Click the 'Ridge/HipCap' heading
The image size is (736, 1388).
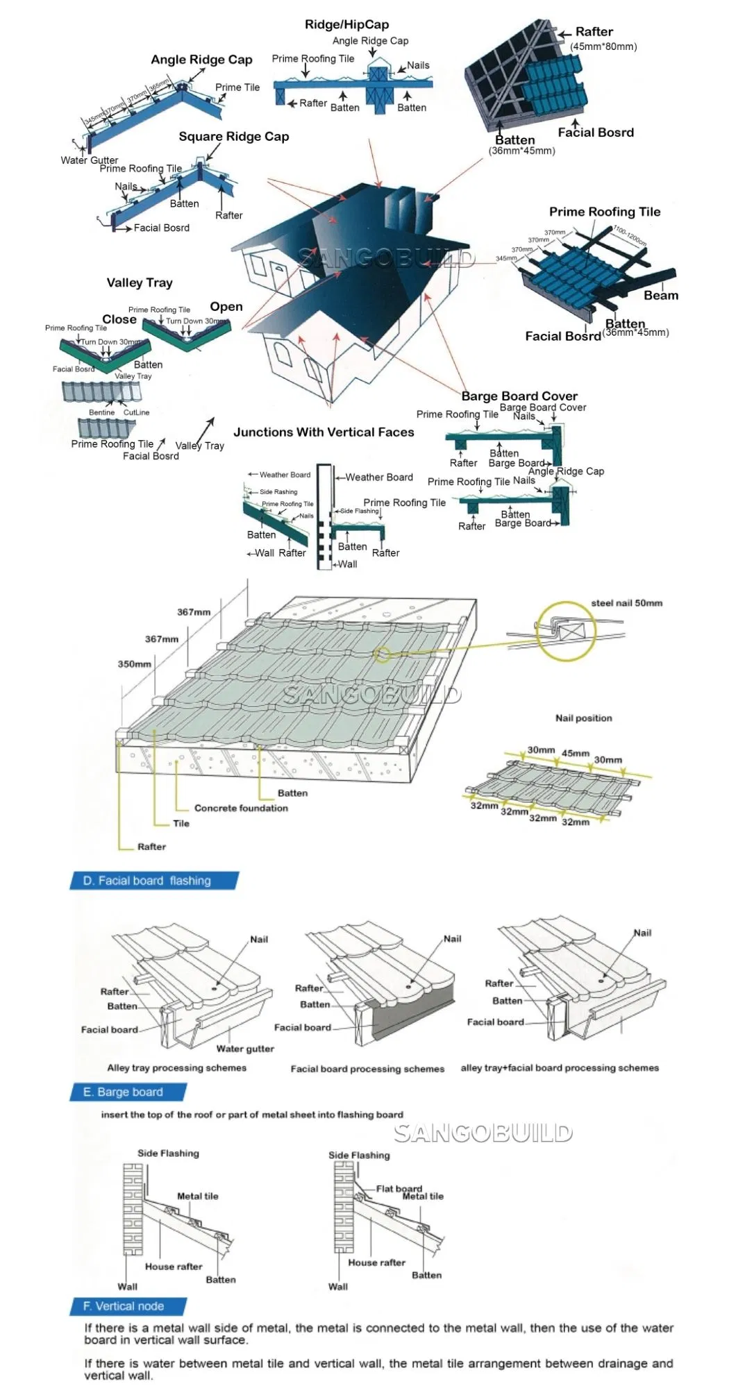(346, 24)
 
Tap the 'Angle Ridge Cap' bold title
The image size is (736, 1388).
(201, 60)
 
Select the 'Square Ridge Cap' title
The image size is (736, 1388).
(233, 137)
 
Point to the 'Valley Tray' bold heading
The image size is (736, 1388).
(140, 282)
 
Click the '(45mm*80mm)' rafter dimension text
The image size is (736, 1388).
(603, 46)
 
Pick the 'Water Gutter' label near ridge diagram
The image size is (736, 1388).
(89, 160)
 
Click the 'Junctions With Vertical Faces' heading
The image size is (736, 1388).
(324, 432)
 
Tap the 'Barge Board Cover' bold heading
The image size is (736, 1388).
(519, 396)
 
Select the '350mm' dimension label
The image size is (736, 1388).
(134, 664)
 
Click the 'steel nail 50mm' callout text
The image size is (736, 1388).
(626, 603)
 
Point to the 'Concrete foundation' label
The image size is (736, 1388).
(241, 809)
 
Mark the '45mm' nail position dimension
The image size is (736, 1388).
(575, 753)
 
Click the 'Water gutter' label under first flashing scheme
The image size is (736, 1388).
(245, 1049)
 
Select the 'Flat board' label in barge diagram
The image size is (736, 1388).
(399, 1188)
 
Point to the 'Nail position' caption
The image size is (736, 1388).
(583, 718)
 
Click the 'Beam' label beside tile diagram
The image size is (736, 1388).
(660, 296)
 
